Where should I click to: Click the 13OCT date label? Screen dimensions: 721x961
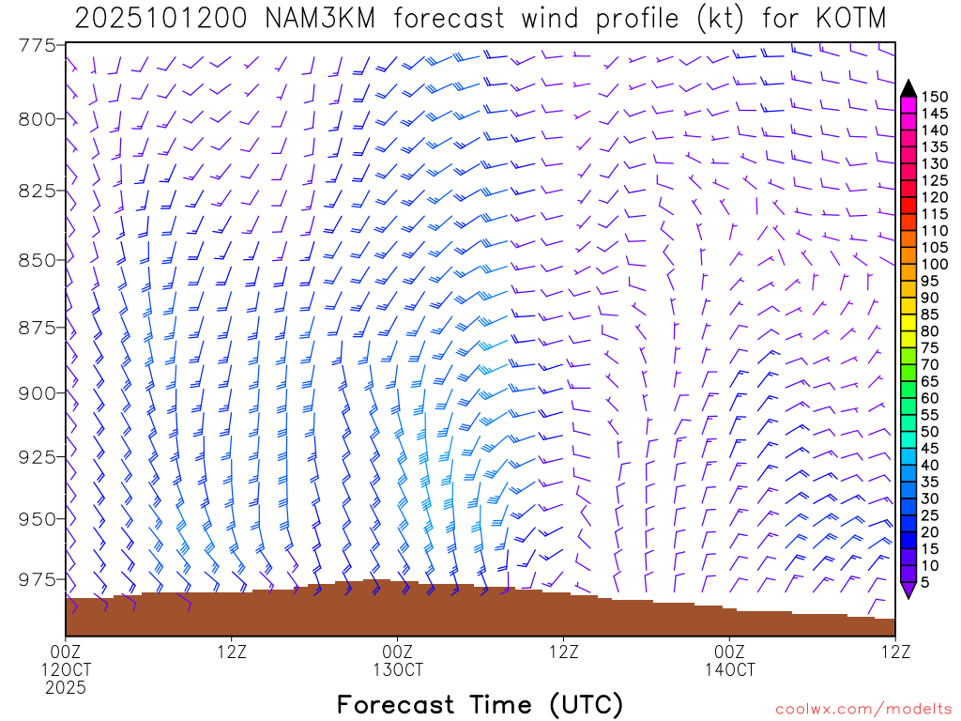pos(398,670)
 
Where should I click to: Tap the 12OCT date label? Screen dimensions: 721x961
pos(66,670)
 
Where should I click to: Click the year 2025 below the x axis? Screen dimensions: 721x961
pos(66,688)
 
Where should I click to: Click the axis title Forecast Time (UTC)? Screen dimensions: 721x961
pos(480,704)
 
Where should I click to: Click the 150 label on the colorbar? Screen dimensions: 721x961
pos(934,97)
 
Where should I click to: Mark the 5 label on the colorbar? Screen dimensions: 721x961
pos(925,582)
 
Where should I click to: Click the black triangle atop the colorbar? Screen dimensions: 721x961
pos(908,88)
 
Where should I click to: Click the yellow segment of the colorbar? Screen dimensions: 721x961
pos(908,314)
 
